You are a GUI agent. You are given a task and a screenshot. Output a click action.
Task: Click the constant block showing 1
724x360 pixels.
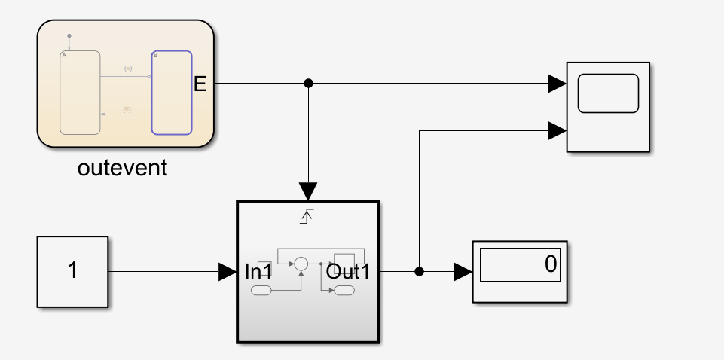tap(72, 271)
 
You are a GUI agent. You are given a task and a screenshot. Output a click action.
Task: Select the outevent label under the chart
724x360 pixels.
tap(122, 168)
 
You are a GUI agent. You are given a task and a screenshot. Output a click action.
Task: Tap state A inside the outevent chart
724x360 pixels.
tap(81, 93)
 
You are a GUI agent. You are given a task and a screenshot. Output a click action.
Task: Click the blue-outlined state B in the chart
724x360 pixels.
tap(171, 93)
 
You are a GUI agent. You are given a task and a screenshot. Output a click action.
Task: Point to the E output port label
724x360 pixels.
tap(200, 84)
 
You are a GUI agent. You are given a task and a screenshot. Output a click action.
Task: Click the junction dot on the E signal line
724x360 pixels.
tap(308, 83)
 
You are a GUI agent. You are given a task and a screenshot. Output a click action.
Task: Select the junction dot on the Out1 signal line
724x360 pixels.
tap(419, 272)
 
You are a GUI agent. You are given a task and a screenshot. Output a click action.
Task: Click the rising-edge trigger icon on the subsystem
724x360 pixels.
tap(307, 218)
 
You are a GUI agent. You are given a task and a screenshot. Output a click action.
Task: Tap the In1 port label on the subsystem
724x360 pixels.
tap(258, 272)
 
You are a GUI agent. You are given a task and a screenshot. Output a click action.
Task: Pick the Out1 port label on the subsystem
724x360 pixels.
tap(348, 272)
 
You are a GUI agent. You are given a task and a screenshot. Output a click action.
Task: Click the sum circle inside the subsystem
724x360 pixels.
tap(301, 264)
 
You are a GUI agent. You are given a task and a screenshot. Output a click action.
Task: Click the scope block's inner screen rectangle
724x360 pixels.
tap(607, 93)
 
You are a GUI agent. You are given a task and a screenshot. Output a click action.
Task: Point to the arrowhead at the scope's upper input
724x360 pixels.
tap(558, 83)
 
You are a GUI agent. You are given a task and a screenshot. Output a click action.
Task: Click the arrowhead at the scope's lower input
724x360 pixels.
tap(558, 131)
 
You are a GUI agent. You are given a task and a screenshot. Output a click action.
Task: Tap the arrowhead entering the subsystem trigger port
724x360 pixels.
tap(308, 190)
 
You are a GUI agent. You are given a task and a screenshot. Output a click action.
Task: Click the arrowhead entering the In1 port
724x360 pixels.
tap(227, 272)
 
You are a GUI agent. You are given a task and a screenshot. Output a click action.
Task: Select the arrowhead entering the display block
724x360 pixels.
tap(463, 272)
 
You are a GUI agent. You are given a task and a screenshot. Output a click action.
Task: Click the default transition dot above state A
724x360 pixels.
tap(69, 35)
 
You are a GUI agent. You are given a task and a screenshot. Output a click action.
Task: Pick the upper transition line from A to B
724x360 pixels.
tap(127, 75)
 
